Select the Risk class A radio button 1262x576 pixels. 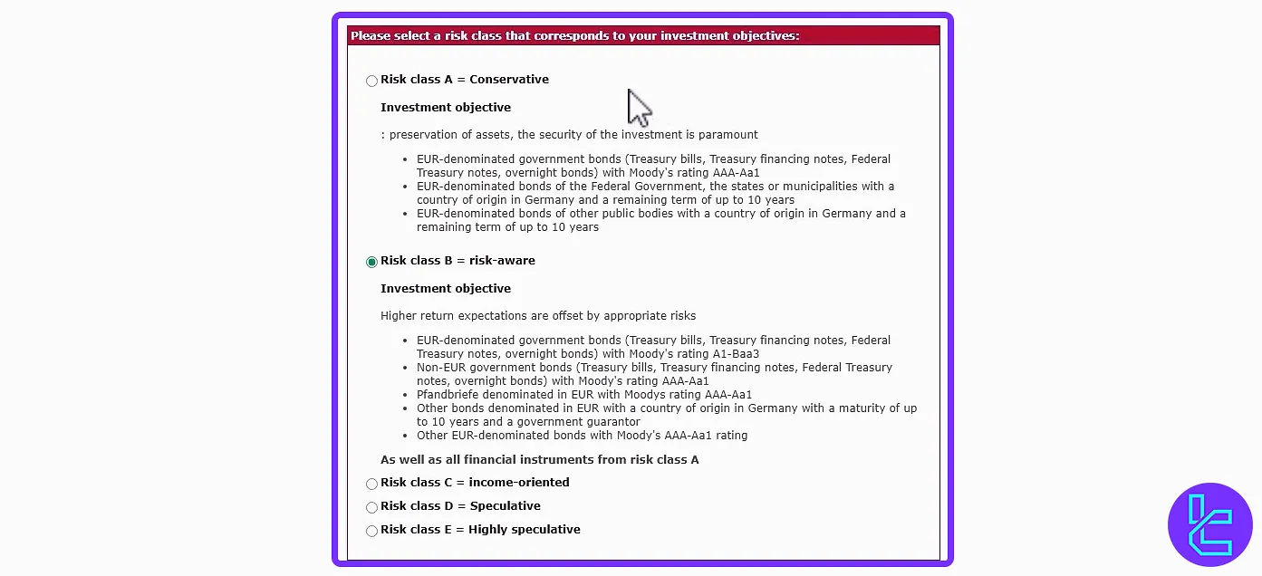point(371,82)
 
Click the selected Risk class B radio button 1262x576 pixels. point(371,263)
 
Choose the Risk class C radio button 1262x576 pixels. point(371,485)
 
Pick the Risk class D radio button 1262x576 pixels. point(371,508)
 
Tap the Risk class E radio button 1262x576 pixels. point(371,532)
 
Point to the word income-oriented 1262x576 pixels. point(519,483)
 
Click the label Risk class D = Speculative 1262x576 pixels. point(460,506)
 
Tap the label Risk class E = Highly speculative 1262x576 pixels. point(480,530)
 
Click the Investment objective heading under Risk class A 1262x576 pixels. point(446,108)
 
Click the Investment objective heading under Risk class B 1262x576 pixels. point(446,289)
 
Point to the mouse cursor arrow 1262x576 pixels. point(639,107)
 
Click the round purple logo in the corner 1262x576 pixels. point(1210,524)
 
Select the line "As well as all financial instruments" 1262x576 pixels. point(539,460)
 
